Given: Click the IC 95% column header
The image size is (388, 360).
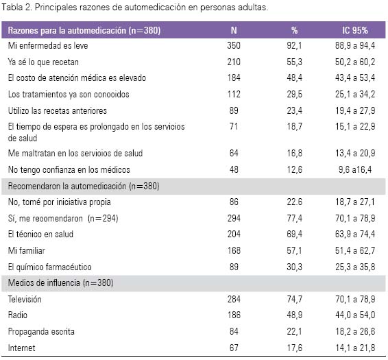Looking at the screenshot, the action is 355,30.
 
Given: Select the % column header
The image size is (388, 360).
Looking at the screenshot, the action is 294,30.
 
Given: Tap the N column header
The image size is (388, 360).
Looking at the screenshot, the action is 234,30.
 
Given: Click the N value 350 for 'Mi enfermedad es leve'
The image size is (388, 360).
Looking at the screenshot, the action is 234,45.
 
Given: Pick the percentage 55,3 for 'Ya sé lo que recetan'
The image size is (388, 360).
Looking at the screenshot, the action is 294,62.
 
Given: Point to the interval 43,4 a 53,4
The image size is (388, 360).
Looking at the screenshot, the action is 355,77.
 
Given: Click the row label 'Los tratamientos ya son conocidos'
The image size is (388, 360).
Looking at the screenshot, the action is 69,94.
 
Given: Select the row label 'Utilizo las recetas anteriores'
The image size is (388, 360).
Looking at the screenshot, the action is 58,110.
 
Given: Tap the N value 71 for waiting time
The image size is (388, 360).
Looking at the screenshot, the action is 234,127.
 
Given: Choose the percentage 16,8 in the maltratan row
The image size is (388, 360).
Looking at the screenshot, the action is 294,153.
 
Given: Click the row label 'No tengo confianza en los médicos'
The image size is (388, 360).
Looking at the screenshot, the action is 69,169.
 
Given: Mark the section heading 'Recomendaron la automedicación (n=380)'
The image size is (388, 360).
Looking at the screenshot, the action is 84,186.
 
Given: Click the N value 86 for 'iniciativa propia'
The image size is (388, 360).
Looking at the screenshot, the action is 234,202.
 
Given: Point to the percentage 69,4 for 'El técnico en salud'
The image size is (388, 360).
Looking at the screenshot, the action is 294,234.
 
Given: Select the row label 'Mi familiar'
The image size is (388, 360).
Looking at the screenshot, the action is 27,250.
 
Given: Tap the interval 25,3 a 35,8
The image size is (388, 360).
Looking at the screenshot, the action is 355,267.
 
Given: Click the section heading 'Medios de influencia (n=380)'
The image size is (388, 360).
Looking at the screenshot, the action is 60,283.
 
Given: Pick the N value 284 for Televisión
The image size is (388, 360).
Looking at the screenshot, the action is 234,299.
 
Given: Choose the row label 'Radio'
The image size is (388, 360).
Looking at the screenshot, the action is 18,315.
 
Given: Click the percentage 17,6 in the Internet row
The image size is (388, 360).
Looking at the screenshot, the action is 294,348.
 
